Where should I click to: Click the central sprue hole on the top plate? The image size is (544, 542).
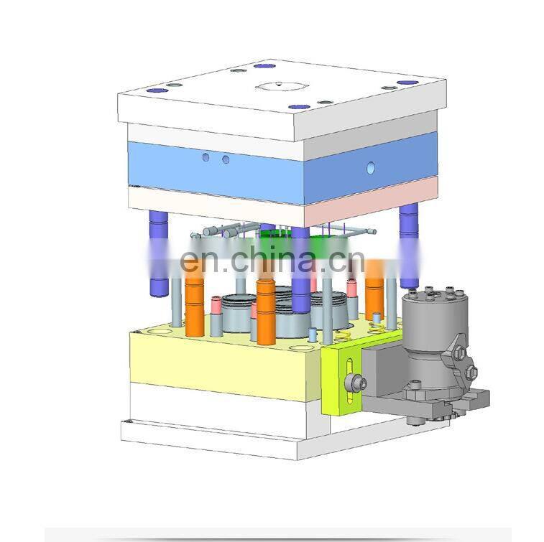(x=276, y=86)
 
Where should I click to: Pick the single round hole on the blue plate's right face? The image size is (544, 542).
(x=371, y=168)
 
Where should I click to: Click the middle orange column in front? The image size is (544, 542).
(x=265, y=312)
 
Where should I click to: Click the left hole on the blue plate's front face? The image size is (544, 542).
(x=206, y=156)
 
